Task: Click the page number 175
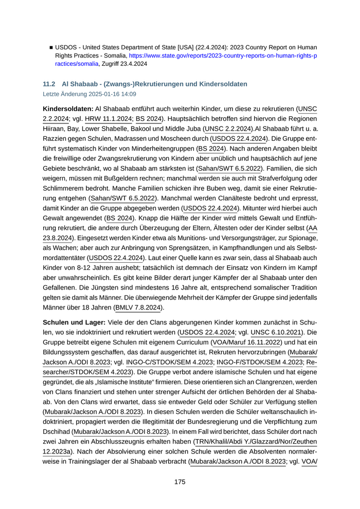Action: [179, 482]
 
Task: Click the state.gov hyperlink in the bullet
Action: [223, 55]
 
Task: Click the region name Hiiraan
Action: [54, 129]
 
